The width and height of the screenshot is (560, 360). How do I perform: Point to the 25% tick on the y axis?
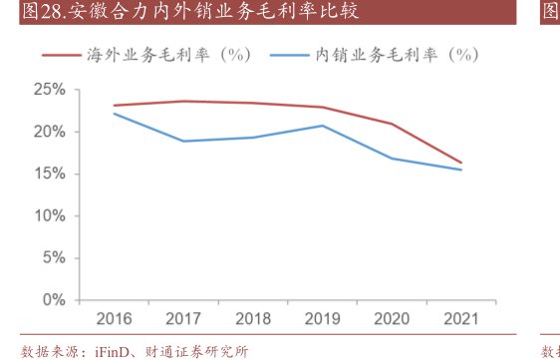49,90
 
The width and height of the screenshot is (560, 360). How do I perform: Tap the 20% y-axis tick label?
49,132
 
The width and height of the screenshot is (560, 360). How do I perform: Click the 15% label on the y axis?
49,174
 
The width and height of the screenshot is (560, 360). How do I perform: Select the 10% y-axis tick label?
49,215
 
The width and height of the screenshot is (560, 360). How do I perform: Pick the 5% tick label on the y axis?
53,257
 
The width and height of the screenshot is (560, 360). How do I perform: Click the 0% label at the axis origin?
53,299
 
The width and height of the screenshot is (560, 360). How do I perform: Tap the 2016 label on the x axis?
115,319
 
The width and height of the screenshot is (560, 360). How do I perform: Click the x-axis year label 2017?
183,319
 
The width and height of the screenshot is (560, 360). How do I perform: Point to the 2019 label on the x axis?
322,319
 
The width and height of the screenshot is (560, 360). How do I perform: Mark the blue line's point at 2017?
183,141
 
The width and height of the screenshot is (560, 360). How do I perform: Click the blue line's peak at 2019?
322,126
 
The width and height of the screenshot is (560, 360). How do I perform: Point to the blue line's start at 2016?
115,114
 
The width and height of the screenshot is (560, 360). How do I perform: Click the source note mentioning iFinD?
134,350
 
